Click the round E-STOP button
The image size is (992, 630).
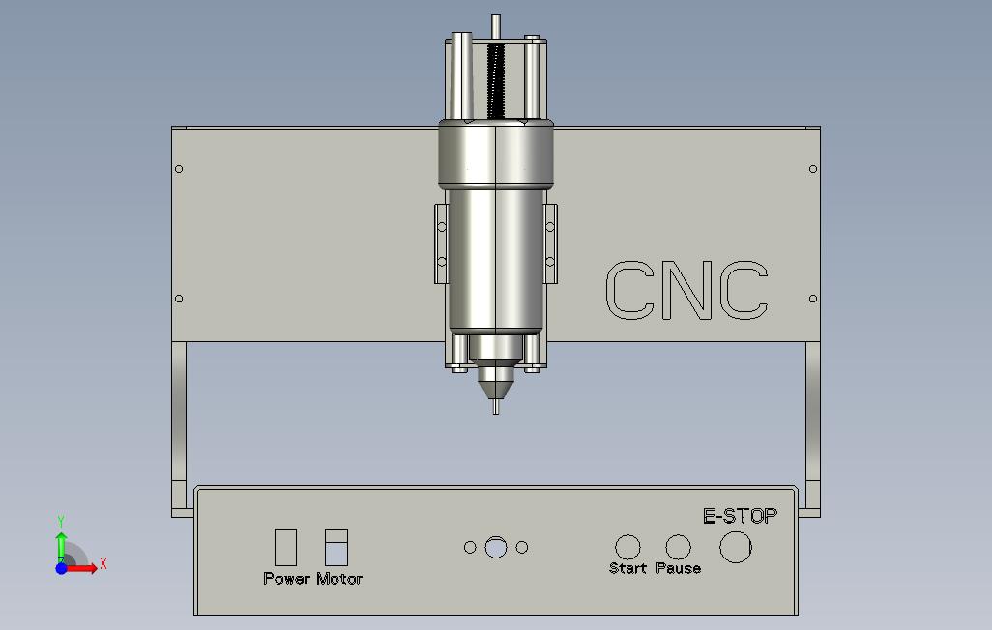coord(736,548)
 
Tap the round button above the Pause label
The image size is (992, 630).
coord(679,548)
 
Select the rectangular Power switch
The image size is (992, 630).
coord(286,546)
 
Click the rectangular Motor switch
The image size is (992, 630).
coord(336,546)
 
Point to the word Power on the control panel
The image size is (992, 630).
coord(286,579)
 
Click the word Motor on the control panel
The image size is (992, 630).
coord(339,579)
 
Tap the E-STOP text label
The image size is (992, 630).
coord(740,516)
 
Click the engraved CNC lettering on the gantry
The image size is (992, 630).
coord(686,290)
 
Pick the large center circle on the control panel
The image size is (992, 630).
coord(496,548)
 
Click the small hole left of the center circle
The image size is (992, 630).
coord(470,548)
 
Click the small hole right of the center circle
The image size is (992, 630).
coord(522,548)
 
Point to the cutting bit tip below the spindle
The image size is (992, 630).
coord(496,407)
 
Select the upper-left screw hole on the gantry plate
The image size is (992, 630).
coord(179,170)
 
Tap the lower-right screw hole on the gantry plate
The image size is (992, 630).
coord(812,299)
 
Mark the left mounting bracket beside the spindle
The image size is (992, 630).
coord(441,243)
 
